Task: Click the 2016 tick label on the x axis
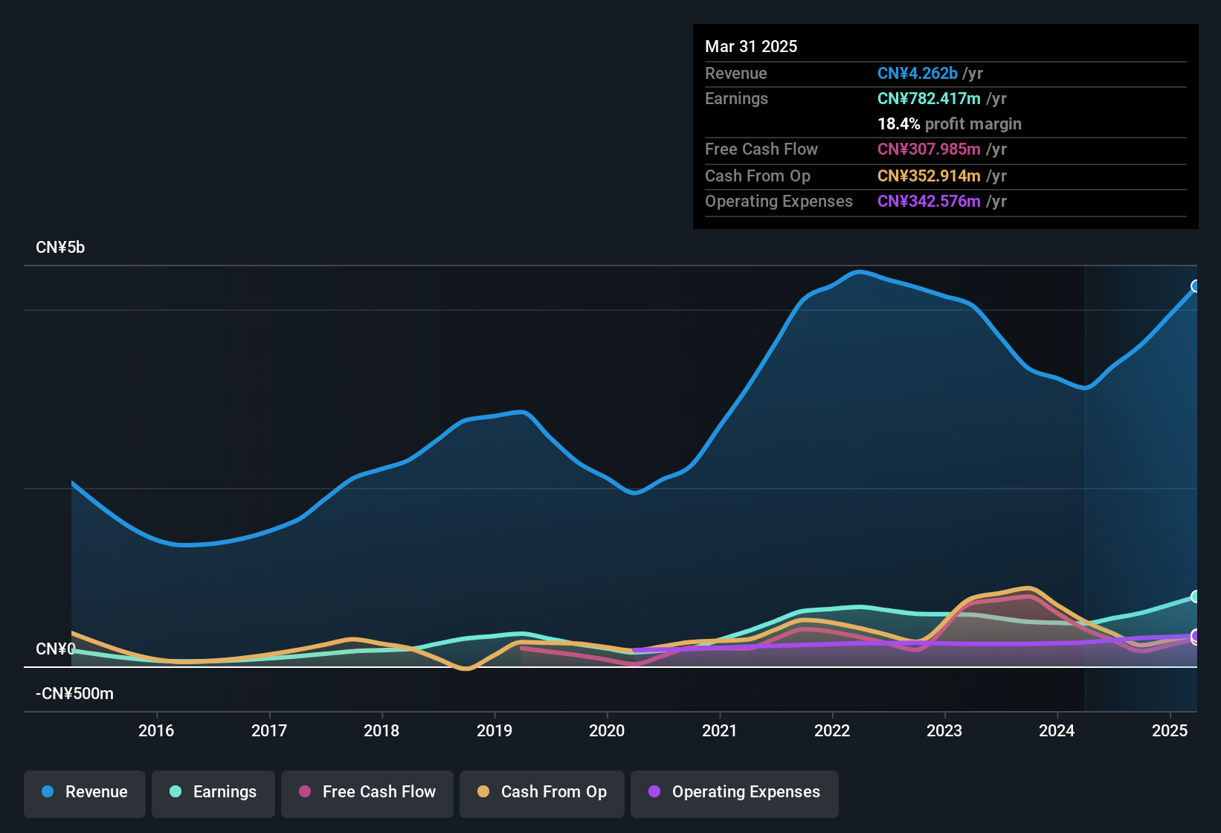tap(156, 730)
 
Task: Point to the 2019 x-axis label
tap(494, 730)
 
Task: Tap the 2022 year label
tap(832, 730)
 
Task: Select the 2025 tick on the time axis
tap(1170, 730)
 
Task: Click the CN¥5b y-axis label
tap(60, 248)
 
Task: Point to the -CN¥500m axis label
tap(74, 694)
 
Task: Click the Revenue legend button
tap(85, 792)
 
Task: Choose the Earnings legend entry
tap(213, 792)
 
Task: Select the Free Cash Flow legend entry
tap(367, 792)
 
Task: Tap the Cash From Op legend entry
tap(542, 792)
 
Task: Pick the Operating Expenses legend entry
tap(735, 792)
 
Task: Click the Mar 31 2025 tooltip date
tap(751, 47)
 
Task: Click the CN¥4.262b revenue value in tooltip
tap(918, 74)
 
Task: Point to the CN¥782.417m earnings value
tap(929, 99)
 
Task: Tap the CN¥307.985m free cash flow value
tap(929, 149)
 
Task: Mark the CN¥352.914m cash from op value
tap(929, 176)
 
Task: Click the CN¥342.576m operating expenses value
tap(929, 202)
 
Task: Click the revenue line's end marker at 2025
tap(1196, 286)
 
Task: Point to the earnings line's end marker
tap(1196, 596)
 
